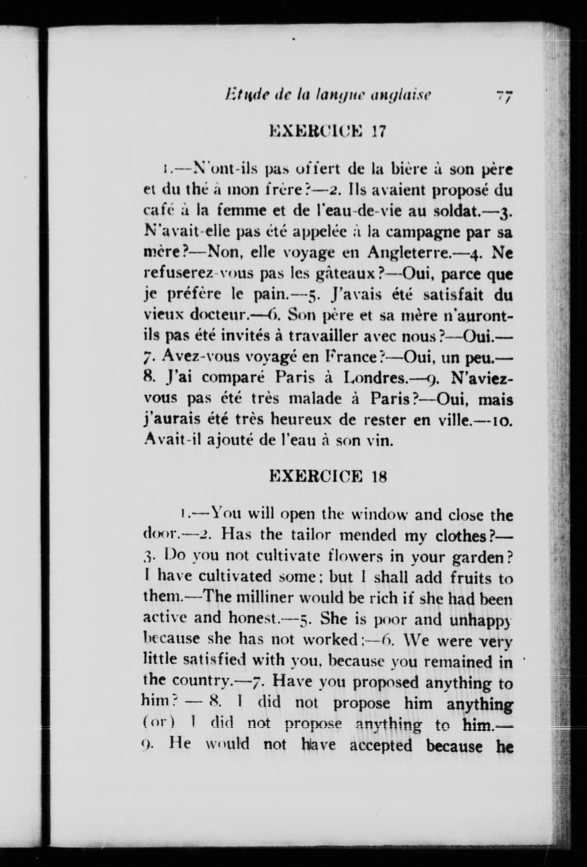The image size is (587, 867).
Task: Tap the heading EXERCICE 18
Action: [x=328, y=477]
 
